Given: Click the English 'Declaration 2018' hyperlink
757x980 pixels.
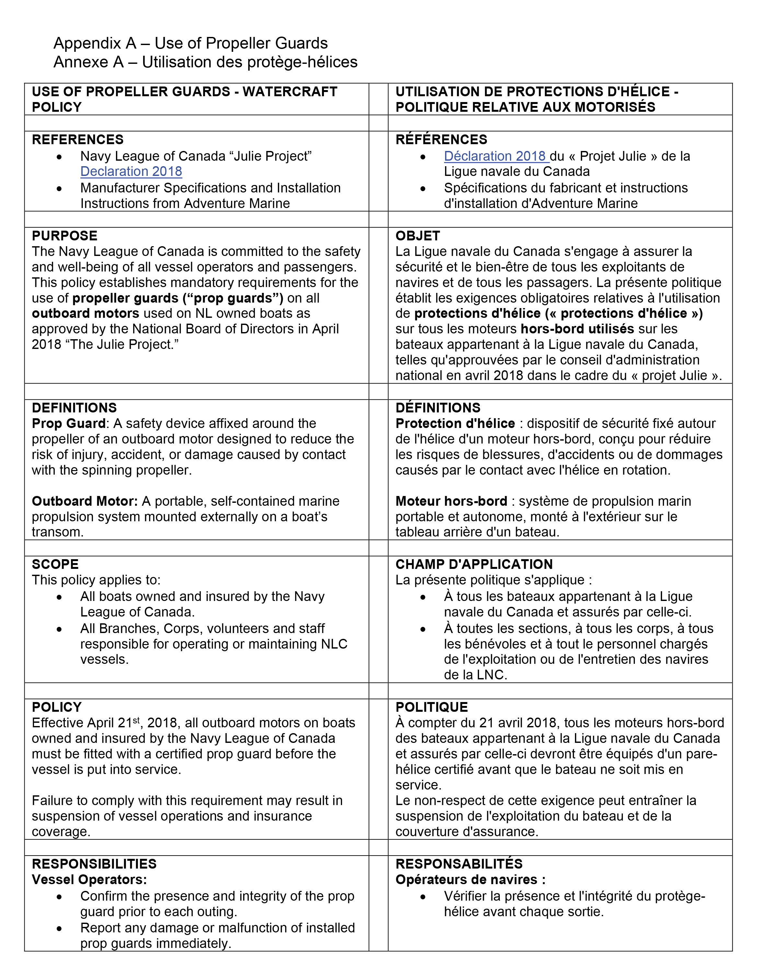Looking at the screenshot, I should click(x=131, y=171).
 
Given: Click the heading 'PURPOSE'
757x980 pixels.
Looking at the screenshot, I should click(x=64, y=236).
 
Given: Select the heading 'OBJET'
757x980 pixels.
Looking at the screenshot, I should click(x=417, y=236).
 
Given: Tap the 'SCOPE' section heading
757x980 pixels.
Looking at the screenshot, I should click(x=55, y=564).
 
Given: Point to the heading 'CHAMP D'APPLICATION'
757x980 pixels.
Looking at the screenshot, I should click(x=474, y=564).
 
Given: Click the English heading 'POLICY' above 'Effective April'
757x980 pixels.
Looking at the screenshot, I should click(x=57, y=707).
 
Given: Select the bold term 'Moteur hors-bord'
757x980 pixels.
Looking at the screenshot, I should click(x=451, y=501).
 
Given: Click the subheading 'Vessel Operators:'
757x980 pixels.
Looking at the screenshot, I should click(x=89, y=880).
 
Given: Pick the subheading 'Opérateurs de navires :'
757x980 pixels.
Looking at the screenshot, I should click(x=470, y=880).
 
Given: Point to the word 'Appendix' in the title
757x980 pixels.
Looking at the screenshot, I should click(x=87, y=43).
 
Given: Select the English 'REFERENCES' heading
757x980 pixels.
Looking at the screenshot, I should click(x=78, y=140).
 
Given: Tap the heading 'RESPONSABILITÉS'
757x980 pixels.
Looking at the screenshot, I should click(x=459, y=864).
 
